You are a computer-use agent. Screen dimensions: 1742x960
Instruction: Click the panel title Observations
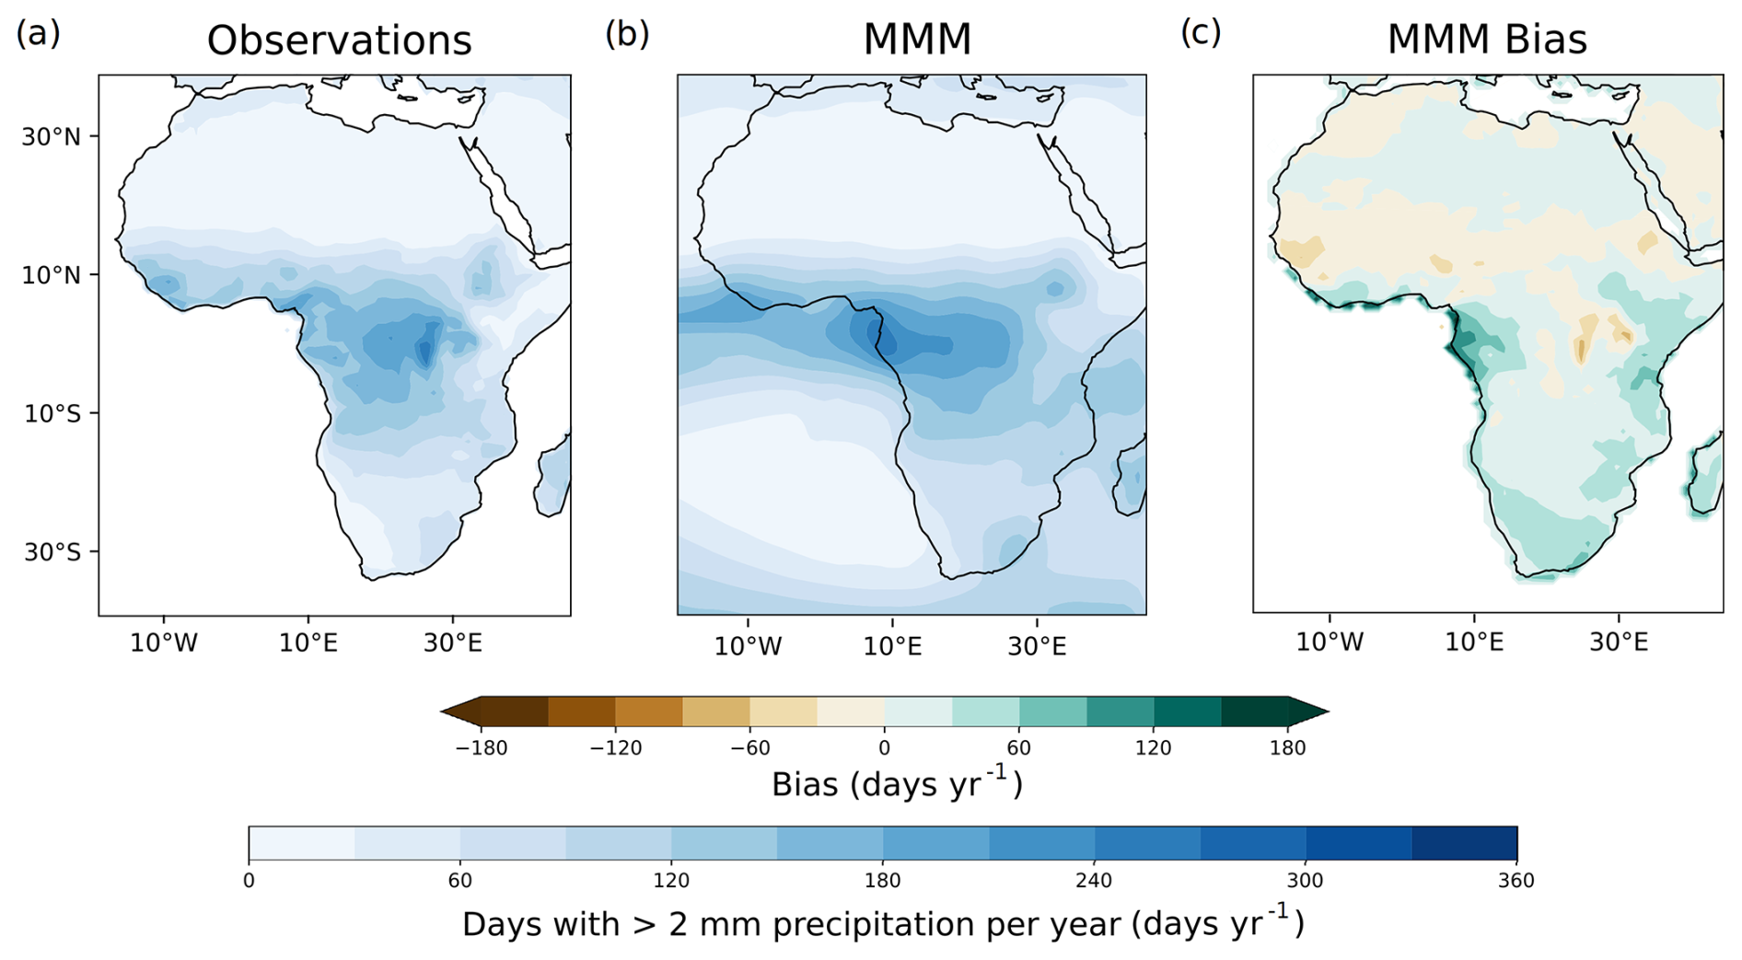tap(339, 40)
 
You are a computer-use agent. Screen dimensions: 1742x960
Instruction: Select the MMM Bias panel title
tap(1487, 40)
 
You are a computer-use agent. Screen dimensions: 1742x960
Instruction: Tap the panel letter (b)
tap(627, 34)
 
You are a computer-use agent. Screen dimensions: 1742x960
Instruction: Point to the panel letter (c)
tap(1201, 32)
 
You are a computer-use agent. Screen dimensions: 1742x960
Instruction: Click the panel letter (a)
tap(38, 33)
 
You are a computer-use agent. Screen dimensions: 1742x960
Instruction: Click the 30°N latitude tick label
tap(52, 137)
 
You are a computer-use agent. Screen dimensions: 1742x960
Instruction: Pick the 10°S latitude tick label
tap(52, 413)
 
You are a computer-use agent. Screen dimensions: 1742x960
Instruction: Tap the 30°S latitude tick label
tap(52, 552)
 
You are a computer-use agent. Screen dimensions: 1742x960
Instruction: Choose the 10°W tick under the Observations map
tap(164, 642)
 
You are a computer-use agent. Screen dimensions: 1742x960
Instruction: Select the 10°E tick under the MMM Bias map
tap(1474, 642)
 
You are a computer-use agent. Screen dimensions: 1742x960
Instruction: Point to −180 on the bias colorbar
tap(481, 748)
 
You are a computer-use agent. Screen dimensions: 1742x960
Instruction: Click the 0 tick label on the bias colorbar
tap(884, 747)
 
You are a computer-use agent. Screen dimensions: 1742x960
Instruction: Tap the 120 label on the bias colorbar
tap(1153, 747)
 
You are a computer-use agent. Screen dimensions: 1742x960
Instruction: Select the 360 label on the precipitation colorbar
tap(1516, 881)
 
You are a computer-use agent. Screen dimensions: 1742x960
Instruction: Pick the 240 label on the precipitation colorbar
tap(1094, 881)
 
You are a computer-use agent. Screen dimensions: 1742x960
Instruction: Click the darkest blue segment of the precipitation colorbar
tap(1464, 843)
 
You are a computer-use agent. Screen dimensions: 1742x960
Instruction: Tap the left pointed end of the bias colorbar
tap(442, 711)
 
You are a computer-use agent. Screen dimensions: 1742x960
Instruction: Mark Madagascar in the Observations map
tap(552, 477)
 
